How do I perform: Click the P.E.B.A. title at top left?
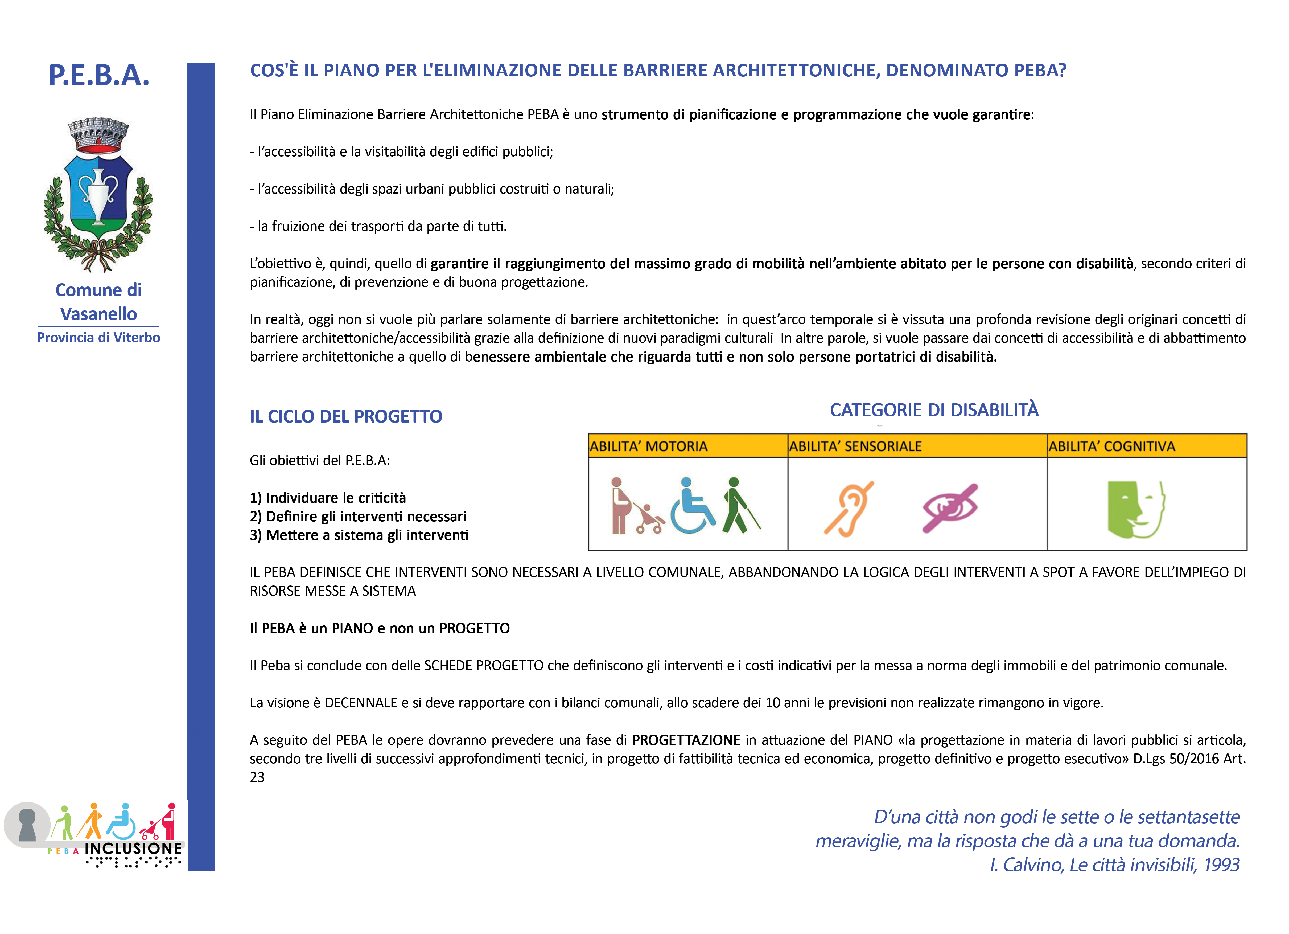tap(99, 75)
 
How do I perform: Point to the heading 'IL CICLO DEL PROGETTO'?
tap(345, 417)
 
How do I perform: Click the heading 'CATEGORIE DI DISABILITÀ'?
tap(934, 410)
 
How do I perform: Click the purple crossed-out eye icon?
tap(950, 508)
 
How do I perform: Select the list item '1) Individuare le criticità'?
tap(328, 498)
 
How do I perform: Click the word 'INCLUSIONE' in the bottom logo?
tap(133, 848)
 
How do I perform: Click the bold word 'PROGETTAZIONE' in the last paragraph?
tap(686, 740)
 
